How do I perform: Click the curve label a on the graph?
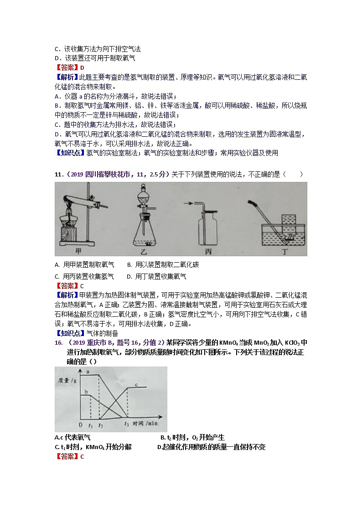tap(87, 372)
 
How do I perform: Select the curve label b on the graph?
tap(86, 392)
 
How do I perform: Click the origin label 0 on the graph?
tap(81, 424)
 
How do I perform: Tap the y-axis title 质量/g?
tap(66, 380)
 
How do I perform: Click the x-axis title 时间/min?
tap(145, 424)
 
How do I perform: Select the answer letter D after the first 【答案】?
tap(82, 68)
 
